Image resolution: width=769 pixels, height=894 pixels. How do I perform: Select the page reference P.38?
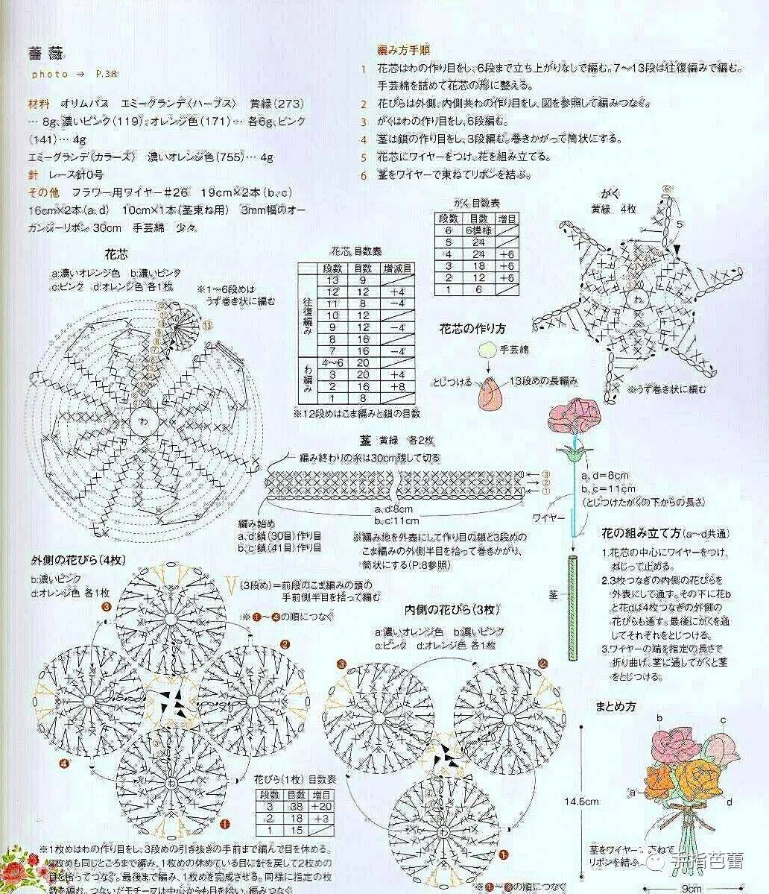pos(107,75)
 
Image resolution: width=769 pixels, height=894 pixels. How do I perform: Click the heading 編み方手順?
pos(403,51)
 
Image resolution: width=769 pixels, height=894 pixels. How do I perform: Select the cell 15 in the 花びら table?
pos(296,830)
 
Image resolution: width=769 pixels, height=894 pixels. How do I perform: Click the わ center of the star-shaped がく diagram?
pos(636,298)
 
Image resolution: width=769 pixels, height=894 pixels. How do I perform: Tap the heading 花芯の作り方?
pos(472,328)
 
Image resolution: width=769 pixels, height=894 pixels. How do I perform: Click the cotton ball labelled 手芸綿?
pos(487,350)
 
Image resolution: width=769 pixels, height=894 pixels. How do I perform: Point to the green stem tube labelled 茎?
pos(572,605)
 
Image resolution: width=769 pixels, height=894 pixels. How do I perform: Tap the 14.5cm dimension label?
pos(581,802)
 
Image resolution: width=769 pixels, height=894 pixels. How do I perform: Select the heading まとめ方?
pos(615,705)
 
